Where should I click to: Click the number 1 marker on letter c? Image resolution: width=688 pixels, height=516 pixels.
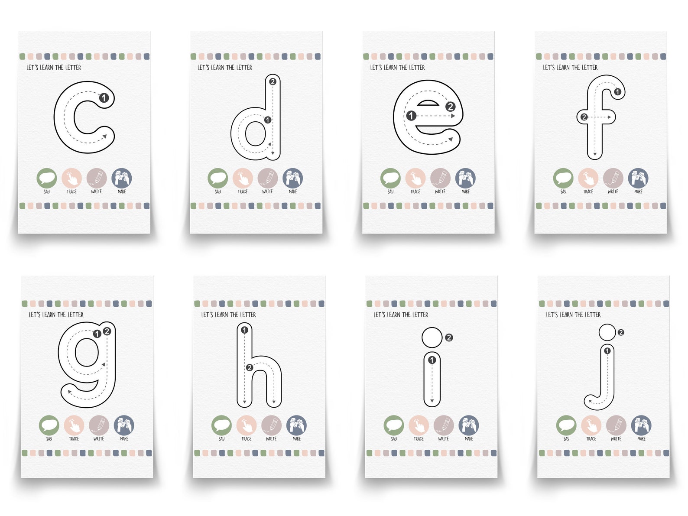coord(104,98)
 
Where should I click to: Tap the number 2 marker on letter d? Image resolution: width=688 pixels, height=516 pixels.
coord(273,81)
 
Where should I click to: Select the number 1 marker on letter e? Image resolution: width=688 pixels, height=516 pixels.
coord(411,116)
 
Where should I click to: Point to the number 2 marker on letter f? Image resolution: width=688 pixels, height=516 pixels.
coord(584,117)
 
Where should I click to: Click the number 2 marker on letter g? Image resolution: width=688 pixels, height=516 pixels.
coord(107,331)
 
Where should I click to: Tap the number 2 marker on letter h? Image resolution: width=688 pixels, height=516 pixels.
coord(249,368)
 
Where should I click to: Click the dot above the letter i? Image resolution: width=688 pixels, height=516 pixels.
coord(432,338)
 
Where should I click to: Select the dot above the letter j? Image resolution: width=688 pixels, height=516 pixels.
coord(607,332)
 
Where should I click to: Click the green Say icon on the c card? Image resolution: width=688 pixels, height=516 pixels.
coord(47,178)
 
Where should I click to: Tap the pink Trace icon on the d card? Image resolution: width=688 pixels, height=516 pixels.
coord(243,178)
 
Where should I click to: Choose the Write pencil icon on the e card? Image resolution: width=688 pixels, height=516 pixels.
coord(440,178)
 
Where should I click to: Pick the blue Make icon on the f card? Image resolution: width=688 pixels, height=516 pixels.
coord(638,178)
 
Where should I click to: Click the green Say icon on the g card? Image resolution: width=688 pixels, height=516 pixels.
coord(49,425)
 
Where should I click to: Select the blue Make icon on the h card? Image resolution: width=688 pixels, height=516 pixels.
coord(296,425)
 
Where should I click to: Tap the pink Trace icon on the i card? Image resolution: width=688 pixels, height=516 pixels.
coord(419,425)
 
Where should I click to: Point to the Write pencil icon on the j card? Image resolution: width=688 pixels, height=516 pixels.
coord(616,425)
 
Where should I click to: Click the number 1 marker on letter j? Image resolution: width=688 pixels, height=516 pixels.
coord(607,351)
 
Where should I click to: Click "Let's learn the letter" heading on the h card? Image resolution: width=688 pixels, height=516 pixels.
coord(228,315)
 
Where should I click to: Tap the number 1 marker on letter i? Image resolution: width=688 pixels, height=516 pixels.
coord(432,360)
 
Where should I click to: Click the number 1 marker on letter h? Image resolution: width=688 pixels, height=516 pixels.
coord(244,331)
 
